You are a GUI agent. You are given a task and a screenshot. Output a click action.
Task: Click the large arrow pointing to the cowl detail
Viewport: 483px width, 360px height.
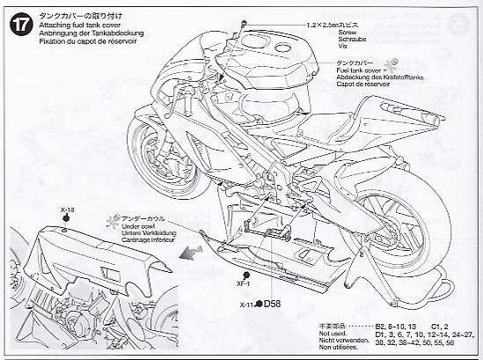pyautogui.click(x=186, y=254)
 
